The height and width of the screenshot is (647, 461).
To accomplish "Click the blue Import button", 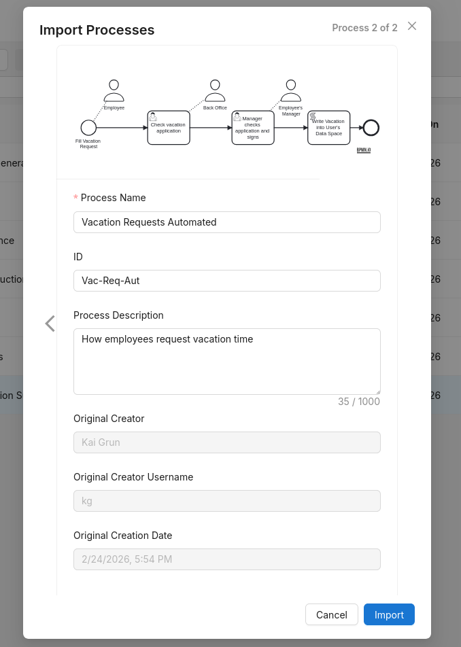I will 389,614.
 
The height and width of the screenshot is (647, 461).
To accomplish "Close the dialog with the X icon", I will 412,26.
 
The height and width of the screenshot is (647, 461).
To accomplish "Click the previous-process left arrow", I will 50,323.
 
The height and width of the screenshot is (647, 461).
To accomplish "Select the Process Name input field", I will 226,222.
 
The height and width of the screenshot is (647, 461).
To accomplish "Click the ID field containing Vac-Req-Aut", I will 226,281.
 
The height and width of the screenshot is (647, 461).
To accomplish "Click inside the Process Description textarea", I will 226,362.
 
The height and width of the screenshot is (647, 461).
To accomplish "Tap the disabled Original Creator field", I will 226,442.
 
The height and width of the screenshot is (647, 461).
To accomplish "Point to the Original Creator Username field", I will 226,501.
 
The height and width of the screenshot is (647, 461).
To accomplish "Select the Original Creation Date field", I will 226,559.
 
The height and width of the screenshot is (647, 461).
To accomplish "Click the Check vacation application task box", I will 169,128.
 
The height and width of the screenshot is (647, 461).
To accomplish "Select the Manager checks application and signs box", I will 253,128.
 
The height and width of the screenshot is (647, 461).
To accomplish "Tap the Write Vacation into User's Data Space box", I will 329,128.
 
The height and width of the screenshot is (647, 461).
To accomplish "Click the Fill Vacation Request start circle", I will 88,128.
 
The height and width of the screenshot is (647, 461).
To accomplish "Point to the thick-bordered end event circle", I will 371,128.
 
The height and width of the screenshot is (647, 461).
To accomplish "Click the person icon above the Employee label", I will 114,90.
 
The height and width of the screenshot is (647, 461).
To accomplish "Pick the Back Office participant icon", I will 215,90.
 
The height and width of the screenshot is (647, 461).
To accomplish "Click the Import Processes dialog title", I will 97,30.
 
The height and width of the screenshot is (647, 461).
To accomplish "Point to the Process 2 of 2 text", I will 364,28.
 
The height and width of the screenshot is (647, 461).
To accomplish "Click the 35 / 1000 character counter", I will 359,402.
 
